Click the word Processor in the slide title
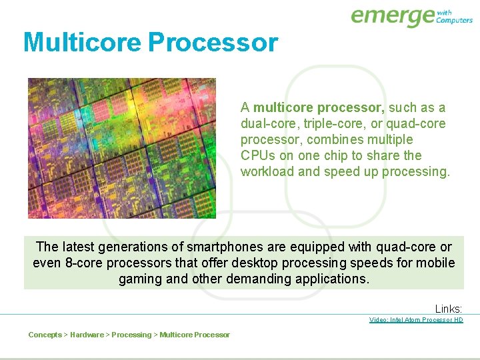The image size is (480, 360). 213,42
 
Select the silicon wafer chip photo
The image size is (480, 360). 122,148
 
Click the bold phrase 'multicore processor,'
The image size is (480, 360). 319,107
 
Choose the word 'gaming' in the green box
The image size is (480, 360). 141,279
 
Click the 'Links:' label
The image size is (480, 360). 449,309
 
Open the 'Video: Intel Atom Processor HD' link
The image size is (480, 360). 416,320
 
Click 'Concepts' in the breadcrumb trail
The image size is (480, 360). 45,335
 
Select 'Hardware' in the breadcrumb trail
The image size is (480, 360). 87,335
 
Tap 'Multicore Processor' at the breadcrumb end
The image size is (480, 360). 195,335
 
